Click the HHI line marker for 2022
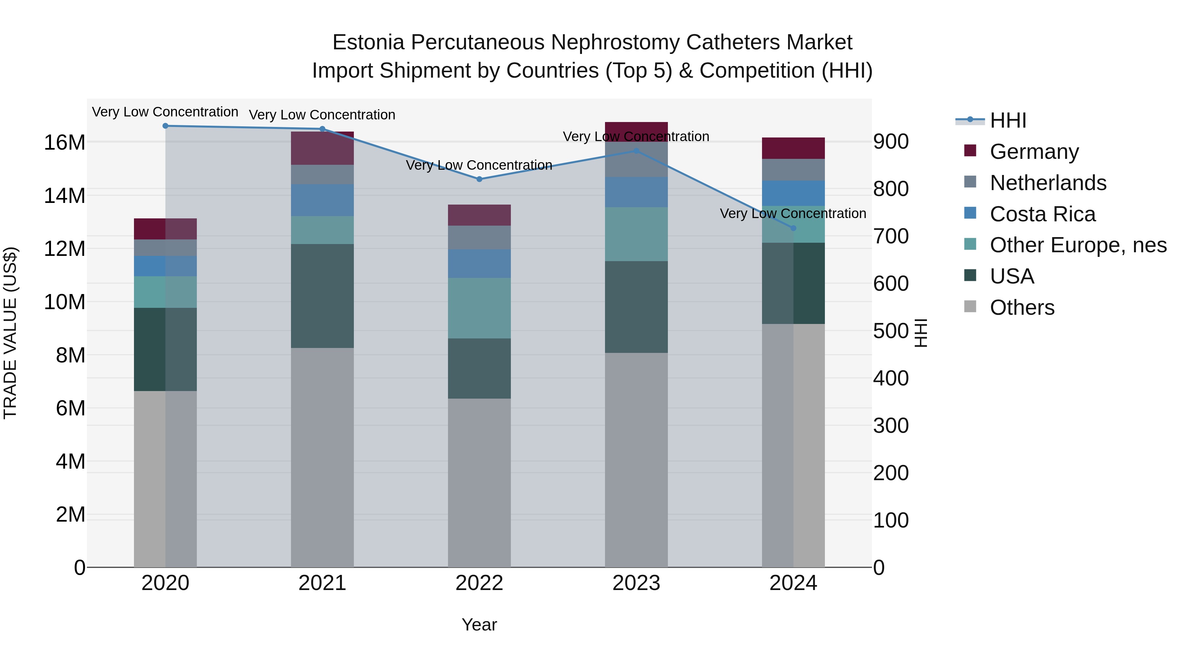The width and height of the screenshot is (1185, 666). click(x=479, y=179)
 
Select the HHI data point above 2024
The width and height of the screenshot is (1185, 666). click(x=793, y=228)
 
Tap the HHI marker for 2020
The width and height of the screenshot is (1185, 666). click(x=166, y=126)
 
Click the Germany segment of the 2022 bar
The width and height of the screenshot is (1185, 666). click(x=479, y=215)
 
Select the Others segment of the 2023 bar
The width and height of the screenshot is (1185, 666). click(x=636, y=460)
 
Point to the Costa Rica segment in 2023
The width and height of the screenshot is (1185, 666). click(x=636, y=192)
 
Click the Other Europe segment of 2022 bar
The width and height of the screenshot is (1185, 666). click(x=479, y=308)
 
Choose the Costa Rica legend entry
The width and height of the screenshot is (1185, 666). click(x=1042, y=214)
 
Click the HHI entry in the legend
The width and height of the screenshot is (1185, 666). click(x=1008, y=120)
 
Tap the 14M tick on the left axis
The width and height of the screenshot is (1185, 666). click(x=65, y=196)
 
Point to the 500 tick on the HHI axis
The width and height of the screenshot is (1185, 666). click(x=891, y=331)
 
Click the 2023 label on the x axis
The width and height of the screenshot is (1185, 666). click(x=636, y=583)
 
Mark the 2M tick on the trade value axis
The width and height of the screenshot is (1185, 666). click(x=70, y=515)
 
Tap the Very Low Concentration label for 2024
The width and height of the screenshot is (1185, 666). click(x=793, y=214)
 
